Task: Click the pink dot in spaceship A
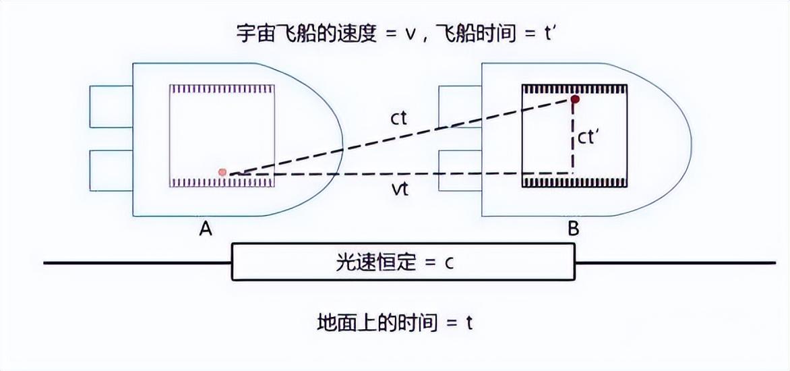coord(222,173)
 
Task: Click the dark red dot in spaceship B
coord(574,99)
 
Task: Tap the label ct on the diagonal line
coord(398,118)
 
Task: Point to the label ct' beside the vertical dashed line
coord(589,137)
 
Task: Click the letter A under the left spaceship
coord(206,229)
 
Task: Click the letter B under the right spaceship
coord(573,229)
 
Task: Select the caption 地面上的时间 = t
coord(395,322)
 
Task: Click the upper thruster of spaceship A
coord(111,106)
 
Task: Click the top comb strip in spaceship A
coord(221,88)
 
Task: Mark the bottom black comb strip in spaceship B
coord(574,182)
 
